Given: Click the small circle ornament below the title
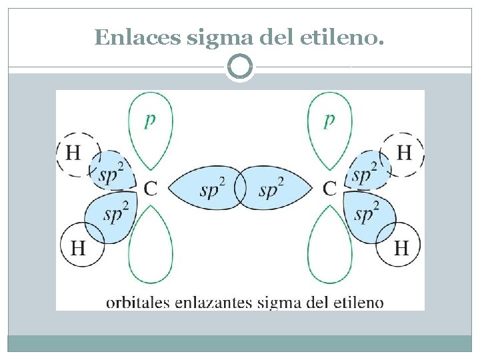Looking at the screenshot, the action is click(240, 67).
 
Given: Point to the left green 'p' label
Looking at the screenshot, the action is click(151, 120).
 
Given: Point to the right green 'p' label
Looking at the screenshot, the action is click(329, 120).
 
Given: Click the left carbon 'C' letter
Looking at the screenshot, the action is click(151, 189).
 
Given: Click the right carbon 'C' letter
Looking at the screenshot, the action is click(329, 189).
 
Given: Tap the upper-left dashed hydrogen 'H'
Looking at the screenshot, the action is click(73, 153).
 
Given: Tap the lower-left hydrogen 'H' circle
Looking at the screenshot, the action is click(79, 248).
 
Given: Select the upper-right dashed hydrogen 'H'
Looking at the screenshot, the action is click(404, 153).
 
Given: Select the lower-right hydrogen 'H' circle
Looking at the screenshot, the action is click(401, 248).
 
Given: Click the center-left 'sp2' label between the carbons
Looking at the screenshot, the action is click(213, 189).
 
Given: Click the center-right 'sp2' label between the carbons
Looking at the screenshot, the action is click(271, 189).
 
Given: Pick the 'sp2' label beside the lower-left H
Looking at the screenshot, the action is click(117, 212).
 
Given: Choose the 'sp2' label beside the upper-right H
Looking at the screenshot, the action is click(364, 173).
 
